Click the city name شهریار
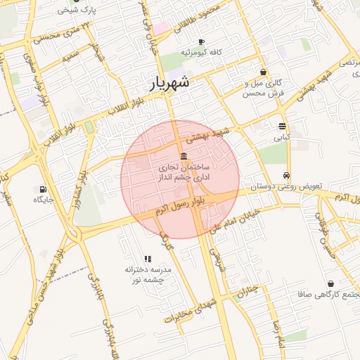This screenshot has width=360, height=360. click(x=170, y=83)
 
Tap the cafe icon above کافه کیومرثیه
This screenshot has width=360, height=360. click(x=202, y=42)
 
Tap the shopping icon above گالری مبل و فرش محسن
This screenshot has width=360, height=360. click(x=263, y=72)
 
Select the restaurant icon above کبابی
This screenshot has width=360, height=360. click(x=282, y=127)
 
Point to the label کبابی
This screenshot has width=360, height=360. click(x=282, y=138)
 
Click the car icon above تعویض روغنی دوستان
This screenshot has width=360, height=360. click(x=286, y=175)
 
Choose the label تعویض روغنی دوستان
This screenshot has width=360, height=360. click(x=287, y=186)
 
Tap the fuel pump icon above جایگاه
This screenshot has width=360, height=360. click(x=44, y=188)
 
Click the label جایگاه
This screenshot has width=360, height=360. click(x=44, y=200)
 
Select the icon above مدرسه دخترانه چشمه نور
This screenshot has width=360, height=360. click(x=148, y=259)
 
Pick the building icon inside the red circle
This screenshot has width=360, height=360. click(x=184, y=155)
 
